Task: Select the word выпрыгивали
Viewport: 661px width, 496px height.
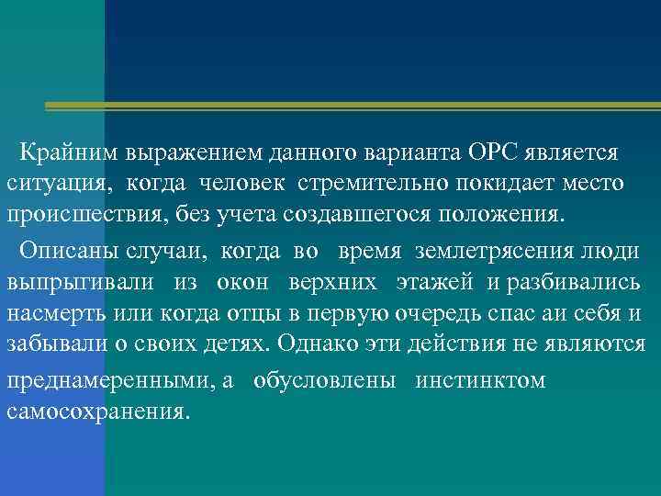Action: coord(80,281)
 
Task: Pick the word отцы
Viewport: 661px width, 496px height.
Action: coord(247,313)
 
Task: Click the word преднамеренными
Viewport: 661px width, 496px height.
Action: coord(109,380)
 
